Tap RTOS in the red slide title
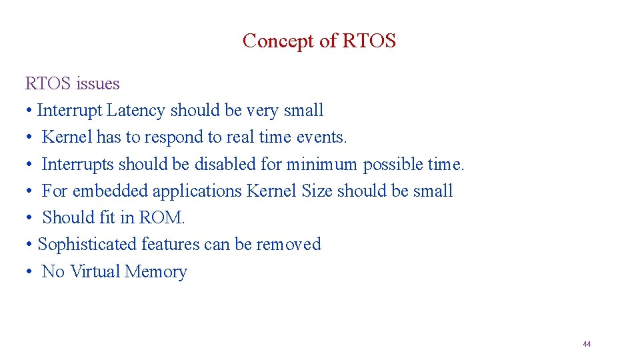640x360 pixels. pyautogui.click(x=369, y=41)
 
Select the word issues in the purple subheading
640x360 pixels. pyautogui.click(x=97, y=84)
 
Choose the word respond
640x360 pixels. pyautogui.click(x=174, y=137)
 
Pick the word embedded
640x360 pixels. pyautogui.click(x=111, y=191)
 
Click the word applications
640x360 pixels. pyautogui.click(x=197, y=191)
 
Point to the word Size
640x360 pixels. pyautogui.click(x=317, y=191)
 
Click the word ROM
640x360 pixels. pyautogui.click(x=161, y=217)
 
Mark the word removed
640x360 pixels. pyautogui.click(x=289, y=245)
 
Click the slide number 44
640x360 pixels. pyautogui.click(x=587, y=344)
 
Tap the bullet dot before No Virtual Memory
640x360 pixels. pyautogui.click(x=30, y=272)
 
